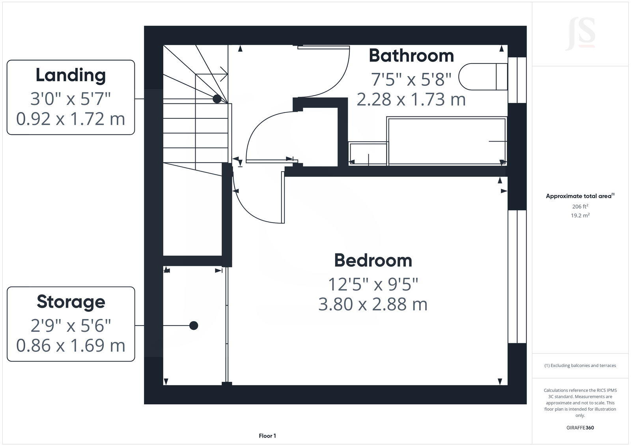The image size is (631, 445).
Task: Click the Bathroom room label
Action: coord(411,56)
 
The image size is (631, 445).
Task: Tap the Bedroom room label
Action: coord(373,261)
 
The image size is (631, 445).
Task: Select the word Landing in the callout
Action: coord(71,75)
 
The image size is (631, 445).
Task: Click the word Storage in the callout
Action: coord(71,302)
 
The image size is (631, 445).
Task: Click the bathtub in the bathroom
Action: coord(447,141)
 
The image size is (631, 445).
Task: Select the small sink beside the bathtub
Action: coord(368,153)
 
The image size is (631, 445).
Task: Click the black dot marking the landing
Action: coord(217,99)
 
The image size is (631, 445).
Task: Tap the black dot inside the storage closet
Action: coord(194,325)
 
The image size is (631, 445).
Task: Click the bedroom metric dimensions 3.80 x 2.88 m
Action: coord(373,305)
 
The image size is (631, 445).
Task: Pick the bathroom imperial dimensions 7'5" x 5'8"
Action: coord(411,80)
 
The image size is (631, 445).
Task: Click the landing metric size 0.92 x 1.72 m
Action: coord(71,119)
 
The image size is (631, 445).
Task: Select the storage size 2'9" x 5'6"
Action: coord(71,326)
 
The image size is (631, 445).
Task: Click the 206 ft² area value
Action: coord(580,206)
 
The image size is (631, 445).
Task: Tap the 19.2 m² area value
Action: coord(580,215)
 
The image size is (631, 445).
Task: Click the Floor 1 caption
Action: coord(267,436)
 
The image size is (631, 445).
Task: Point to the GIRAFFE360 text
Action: coord(580,428)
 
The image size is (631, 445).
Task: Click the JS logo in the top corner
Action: coord(580,34)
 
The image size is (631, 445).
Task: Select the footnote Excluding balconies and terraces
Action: coord(580,366)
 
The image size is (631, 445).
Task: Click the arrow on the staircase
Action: coord(223,74)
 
